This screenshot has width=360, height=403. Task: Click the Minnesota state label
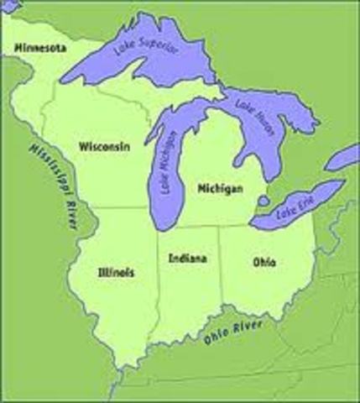39,50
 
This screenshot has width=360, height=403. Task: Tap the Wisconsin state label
104,146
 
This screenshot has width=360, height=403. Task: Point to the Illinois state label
116,272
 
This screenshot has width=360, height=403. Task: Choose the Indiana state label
187,259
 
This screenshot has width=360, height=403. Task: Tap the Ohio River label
234,330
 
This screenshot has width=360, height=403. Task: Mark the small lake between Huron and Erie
263,201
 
